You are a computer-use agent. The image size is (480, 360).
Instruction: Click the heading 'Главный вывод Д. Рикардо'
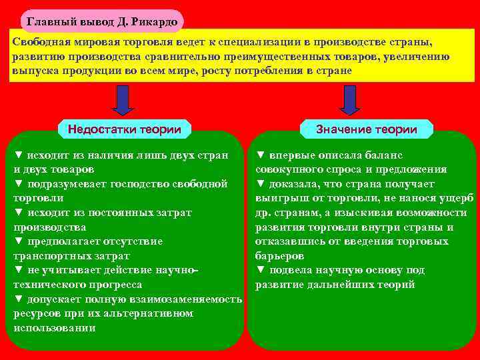tap(101, 22)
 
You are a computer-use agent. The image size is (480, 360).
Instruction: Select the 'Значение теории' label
tap(367, 129)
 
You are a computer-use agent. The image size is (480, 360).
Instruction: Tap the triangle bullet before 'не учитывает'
tap(19, 271)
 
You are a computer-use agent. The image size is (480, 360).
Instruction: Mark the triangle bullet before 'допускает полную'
tap(19, 299)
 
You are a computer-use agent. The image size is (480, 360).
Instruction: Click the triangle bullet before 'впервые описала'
tap(261, 155)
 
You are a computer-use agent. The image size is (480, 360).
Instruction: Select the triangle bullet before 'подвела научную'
tap(261, 271)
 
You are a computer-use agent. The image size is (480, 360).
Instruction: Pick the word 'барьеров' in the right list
tap(279, 256)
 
